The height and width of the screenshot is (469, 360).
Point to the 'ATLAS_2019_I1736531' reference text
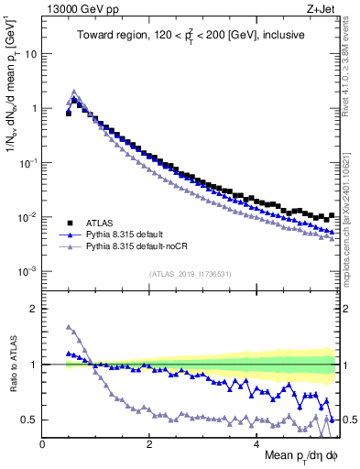pos(189,274)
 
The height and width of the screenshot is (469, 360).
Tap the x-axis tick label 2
pos(149,443)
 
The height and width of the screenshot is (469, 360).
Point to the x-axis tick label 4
pos(256,443)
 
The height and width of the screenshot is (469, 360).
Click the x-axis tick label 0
pos(42,443)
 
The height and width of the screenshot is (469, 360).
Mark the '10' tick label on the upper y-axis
pos(31,53)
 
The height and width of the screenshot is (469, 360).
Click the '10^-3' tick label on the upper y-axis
pos(27,272)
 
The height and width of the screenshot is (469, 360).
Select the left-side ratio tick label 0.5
pos(29,420)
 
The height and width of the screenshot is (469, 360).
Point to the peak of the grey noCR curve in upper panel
pos(74,92)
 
